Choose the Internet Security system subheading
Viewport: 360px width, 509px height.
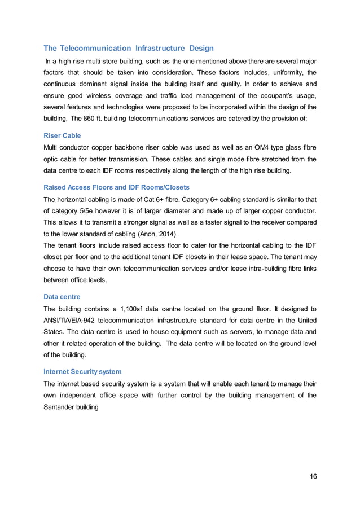82,371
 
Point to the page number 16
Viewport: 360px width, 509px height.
313,476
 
